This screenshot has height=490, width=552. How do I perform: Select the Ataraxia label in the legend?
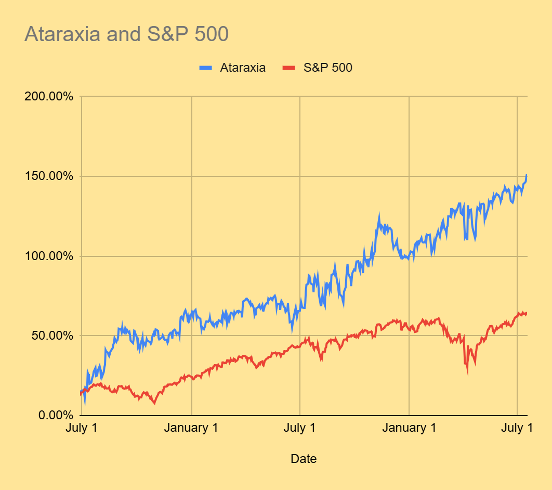click(x=243, y=68)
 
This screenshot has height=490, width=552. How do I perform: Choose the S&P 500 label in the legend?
click(x=328, y=68)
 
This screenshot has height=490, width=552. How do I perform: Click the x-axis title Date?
click(x=304, y=459)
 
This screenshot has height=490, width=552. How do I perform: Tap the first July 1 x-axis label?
click(x=82, y=428)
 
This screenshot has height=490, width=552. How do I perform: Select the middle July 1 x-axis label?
click(x=300, y=428)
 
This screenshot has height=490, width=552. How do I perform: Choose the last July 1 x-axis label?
click(x=517, y=428)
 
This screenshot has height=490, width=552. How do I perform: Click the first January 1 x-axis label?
click(x=192, y=428)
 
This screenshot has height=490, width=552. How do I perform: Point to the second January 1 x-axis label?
click(x=410, y=428)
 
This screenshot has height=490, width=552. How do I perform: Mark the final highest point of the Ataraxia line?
click(x=527, y=175)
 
